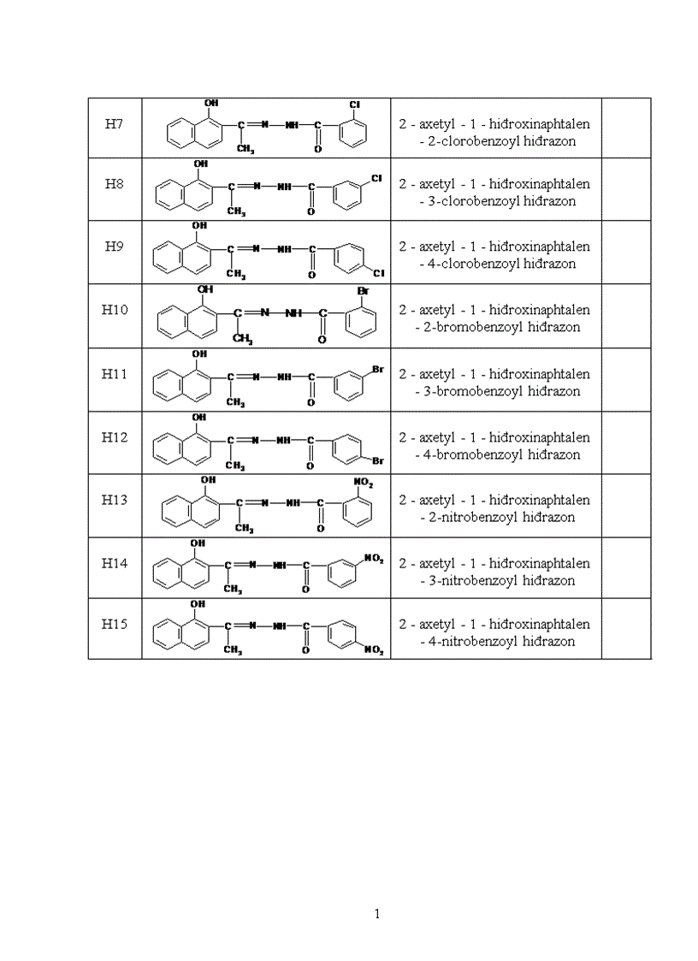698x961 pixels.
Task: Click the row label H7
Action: click(x=115, y=124)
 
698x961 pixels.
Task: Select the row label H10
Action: click(x=115, y=310)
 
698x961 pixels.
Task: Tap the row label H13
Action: click(x=115, y=500)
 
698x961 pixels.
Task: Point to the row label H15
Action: click(x=115, y=625)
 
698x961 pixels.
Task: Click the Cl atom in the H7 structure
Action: click(x=354, y=104)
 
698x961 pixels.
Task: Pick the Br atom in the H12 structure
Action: click(x=377, y=461)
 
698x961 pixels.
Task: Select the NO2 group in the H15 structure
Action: click(x=374, y=650)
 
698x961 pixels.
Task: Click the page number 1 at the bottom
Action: click(x=377, y=914)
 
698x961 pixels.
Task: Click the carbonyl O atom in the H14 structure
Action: click(x=305, y=590)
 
